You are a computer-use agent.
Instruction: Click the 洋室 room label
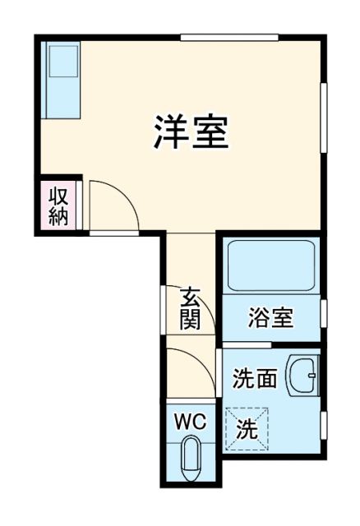pos(191,132)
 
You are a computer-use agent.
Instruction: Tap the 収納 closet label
pos(58,205)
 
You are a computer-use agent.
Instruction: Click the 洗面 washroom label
pos(254,380)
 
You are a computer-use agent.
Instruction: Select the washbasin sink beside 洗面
pos(302,376)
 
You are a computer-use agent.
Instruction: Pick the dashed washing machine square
pos(248,428)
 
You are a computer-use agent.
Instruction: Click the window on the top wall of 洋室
pos(229,37)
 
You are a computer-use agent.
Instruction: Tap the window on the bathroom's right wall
pos(324,313)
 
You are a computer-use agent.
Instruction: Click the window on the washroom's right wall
pos(324,424)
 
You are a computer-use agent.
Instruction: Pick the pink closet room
pos(58,205)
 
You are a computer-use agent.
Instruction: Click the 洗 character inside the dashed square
pos(248,428)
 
